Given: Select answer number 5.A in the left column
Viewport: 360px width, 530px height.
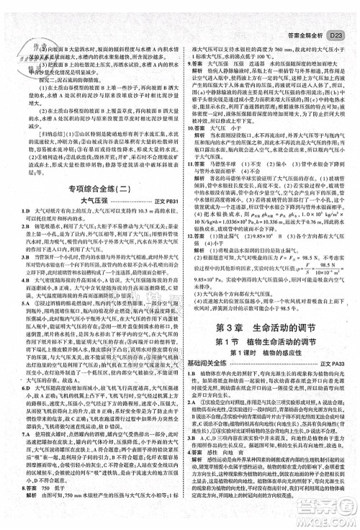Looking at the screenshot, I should coord(13,302).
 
